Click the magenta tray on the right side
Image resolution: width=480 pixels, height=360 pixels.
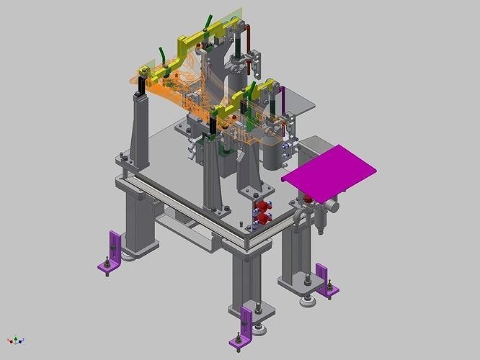pos(330,171)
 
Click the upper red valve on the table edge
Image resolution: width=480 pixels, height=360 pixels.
pos(262,208)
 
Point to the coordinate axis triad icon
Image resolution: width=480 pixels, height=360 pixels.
pos(16,339)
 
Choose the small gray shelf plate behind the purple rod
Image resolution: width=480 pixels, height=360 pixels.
pos(303,107)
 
